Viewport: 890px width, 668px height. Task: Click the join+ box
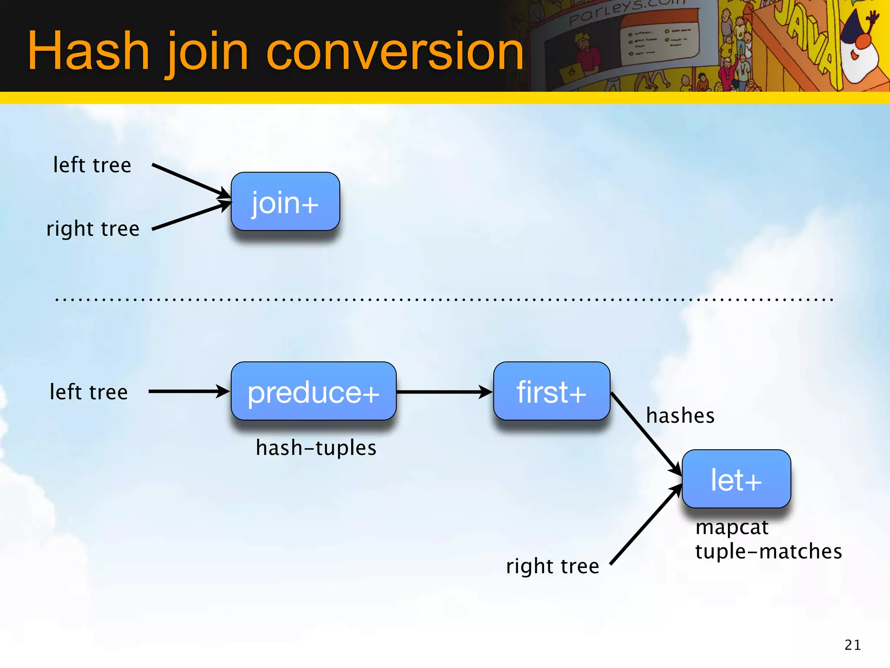coord(285,202)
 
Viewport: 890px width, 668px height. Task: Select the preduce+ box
coord(313,391)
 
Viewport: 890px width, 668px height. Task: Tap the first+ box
coord(551,391)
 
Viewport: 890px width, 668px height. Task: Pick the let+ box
coord(736,479)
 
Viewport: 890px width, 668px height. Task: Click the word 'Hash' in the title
coord(89,51)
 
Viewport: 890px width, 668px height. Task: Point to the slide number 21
coord(853,645)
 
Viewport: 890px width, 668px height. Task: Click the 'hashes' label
coord(680,416)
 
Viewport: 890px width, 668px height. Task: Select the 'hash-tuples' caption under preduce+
coord(316,448)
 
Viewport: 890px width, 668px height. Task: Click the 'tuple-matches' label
coord(768,551)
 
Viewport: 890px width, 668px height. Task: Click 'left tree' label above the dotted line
coord(92,165)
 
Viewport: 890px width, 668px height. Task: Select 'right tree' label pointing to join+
coord(93,229)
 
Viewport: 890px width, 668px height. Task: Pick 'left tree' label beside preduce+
coord(89,392)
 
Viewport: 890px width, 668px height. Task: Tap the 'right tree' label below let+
coord(552,566)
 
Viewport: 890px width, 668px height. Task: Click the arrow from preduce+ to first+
coord(443,392)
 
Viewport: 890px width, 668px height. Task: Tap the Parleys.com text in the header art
coord(626,10)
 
